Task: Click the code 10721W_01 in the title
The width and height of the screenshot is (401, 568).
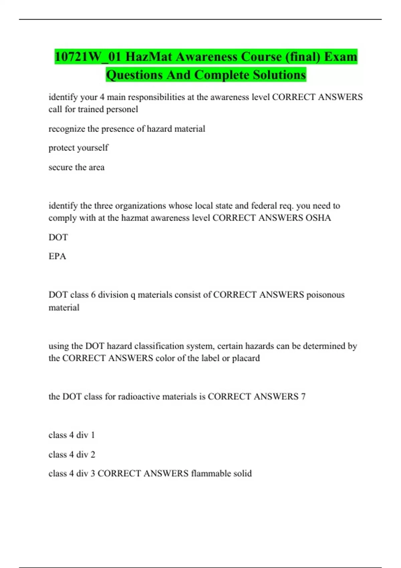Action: [x=88, y=57]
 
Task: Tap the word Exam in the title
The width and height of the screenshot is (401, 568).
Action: [x=341, y=57]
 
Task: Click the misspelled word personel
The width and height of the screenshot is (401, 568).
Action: [x=122, y=109]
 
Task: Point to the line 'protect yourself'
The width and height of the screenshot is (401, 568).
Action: [x=78, y=148]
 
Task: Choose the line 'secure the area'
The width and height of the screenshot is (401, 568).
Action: [x=77, y=167]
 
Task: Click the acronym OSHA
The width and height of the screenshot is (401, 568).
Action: [x=318, y=218]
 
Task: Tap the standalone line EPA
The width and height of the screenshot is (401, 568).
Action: [x=57, y=256]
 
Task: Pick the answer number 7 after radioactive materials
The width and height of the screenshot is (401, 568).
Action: [x=303, y=397]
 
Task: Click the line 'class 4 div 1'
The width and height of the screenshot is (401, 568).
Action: [x=72, y=435]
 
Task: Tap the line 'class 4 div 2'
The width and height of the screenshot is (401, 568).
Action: [x=72, y=454]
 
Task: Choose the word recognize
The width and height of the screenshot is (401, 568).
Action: [x=67, y=129]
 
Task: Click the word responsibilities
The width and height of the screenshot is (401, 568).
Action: [x=156, y=97]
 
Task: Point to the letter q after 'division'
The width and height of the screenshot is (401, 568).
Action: [x=133, y=295]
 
